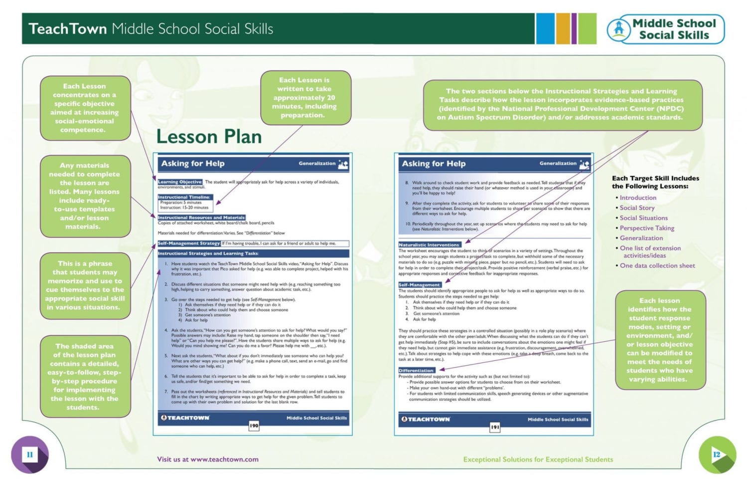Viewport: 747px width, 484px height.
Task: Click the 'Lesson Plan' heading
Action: tap(209, 137)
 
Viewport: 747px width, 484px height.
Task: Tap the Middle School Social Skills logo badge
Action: tap(665, 29)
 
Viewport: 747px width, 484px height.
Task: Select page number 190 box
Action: tap(254, 426)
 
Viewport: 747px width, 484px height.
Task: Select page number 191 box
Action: tap(494, 427)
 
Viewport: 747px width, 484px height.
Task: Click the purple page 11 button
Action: tap(29, 455)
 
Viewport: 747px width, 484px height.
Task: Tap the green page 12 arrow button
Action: tap(717, 455)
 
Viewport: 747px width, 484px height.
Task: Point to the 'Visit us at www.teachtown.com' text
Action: tap(207, 459)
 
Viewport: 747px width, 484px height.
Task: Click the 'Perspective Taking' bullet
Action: tap(646, 228)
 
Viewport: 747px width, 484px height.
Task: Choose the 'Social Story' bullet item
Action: tap(637, 208)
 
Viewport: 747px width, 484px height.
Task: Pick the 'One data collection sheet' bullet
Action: tap(657, 265)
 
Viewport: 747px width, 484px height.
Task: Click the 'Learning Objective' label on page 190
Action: tap(180, 182)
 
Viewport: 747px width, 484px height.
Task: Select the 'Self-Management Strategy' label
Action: tap(189, 243)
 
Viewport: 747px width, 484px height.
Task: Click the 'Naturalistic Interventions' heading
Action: tap(429, 245)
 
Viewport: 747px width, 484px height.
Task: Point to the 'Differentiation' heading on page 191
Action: tap(416, 370)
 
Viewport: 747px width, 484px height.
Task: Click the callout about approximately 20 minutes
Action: tap(305, 97)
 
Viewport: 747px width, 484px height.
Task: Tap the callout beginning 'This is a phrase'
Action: tap(85, 285)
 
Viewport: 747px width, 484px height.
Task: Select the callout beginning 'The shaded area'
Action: tap(85, 376)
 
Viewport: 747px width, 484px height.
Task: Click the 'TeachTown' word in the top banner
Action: tap(67, 29)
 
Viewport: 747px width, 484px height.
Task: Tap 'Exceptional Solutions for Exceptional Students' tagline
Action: tap(538, 459)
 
